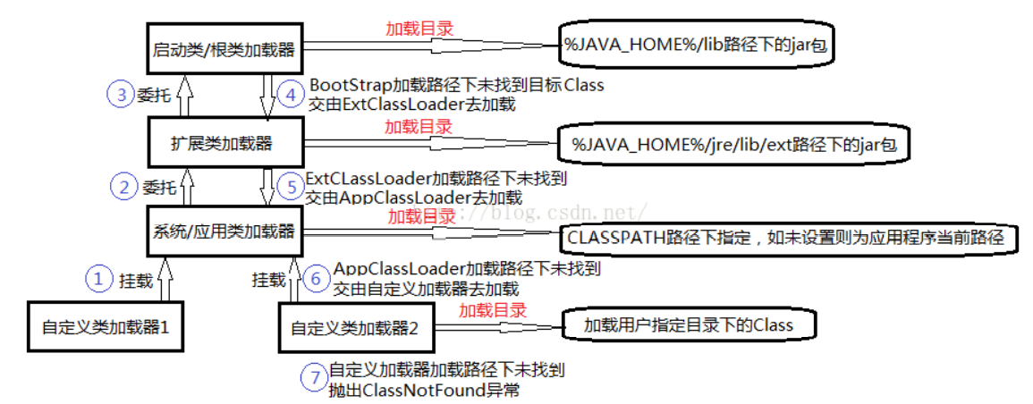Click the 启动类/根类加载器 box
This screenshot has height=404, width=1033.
pos(224,47)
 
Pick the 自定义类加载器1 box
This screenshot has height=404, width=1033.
pos(106,326)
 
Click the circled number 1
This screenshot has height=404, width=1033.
pos(98,280)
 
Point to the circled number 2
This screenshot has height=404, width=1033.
pos(123,187)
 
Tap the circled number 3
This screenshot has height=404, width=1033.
pos(120,95)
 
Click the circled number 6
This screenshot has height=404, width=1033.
pos(315,278)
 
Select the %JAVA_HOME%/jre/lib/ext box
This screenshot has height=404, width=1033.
pos(732,143)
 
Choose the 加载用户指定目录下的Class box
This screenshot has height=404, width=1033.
pos(689,324)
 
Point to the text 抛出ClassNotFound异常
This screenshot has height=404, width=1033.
pos(425,390)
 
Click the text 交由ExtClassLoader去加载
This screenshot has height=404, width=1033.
pos(411,104)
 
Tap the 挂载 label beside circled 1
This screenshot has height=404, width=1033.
pos(136,281)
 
